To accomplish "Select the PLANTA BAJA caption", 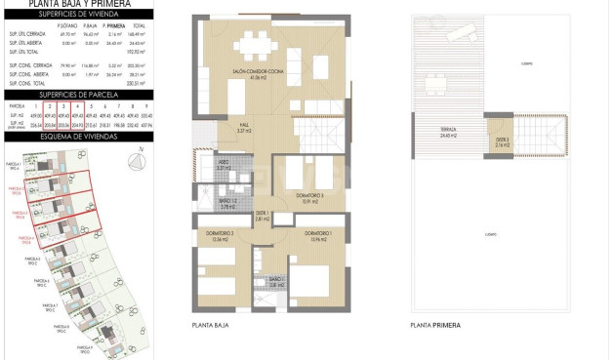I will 210,325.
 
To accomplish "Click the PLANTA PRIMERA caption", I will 435,325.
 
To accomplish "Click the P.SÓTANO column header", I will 67,28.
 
